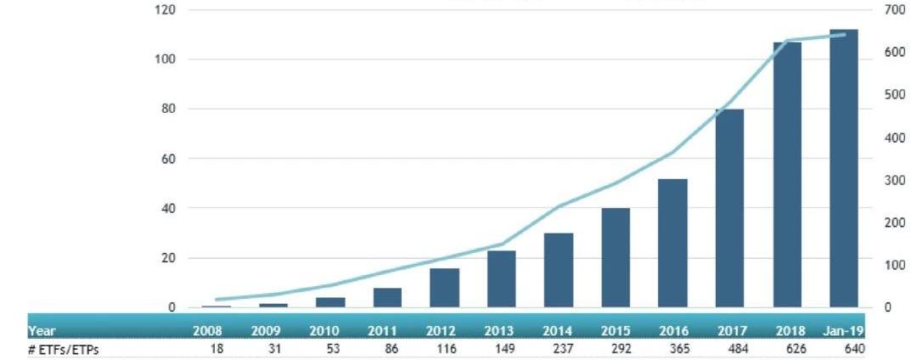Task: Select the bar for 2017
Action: pos(730,208)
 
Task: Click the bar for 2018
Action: pos(787,174)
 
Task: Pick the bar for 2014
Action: pos(559,270)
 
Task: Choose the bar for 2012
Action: pos(444,288)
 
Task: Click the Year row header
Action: pos(42,331)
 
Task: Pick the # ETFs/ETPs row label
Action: pos(64,348)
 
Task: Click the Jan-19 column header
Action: pos(846,331)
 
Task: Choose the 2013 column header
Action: pos(501,331)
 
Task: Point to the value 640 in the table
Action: pos(853,348)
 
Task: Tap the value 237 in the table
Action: pos(563,348)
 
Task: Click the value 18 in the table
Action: pos(217,348)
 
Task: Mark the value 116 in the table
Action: pos(448,348)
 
